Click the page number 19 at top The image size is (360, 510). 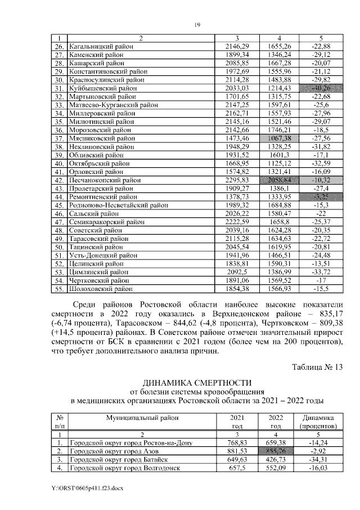point(197,25)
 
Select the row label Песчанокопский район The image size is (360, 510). point(104,180)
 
